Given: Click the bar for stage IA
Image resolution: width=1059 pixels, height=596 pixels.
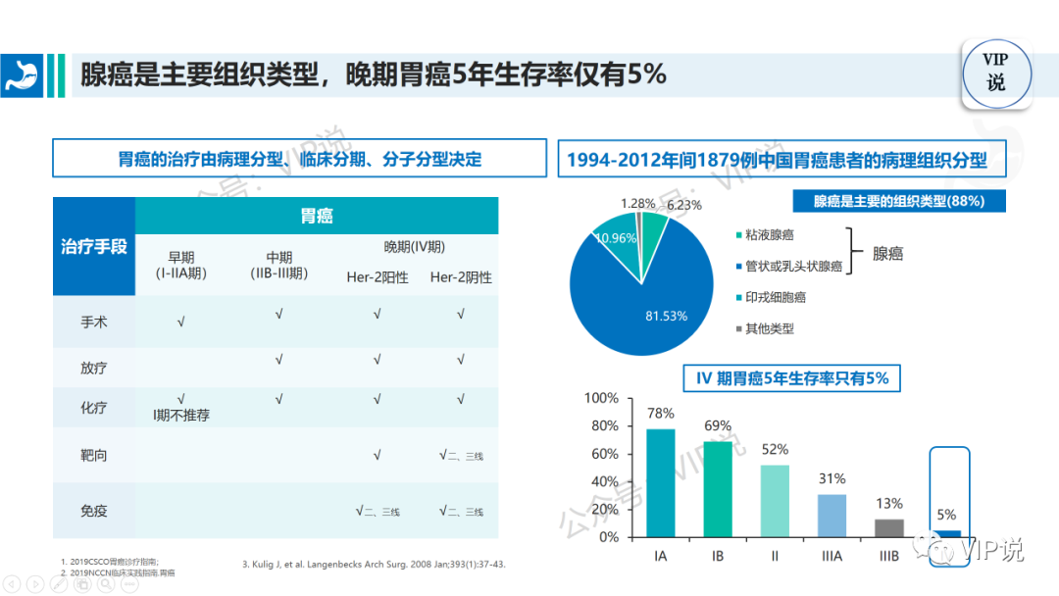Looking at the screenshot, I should coord(660,483).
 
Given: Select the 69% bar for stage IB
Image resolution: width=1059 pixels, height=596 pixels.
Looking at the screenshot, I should coord(718,489).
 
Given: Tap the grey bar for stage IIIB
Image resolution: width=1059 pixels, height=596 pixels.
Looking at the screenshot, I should coord(889,527).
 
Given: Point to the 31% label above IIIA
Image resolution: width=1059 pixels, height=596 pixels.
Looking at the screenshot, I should coord(832,478).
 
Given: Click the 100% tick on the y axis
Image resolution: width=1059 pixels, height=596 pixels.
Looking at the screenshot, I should coord(601,399).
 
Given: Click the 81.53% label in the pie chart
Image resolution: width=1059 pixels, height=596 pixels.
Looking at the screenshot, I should coord(666,316).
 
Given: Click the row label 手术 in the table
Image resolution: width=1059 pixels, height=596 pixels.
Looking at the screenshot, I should coord(94,322).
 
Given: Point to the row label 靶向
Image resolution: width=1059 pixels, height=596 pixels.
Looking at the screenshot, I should coord(94,455).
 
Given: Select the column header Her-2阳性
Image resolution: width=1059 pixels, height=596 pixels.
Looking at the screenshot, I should coord(378,277).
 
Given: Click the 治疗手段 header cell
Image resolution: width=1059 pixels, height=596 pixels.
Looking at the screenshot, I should coord(94,247).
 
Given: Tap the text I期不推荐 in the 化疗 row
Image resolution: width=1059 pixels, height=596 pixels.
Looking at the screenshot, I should coord(181,415).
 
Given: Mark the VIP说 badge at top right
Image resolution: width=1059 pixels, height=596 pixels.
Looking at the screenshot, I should coord(996,72).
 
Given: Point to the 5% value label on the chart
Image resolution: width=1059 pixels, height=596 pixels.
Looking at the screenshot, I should coord(947,515).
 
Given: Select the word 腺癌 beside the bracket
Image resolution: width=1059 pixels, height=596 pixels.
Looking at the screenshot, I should coord(887,253).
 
